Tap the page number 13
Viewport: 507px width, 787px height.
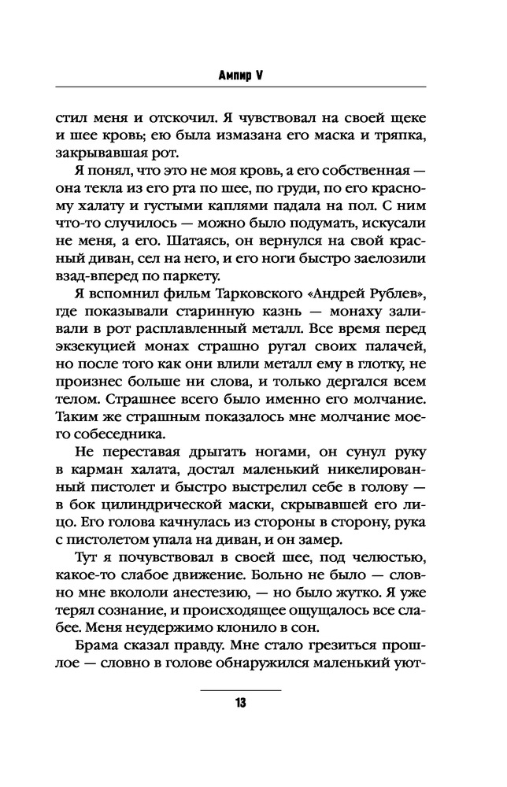(x=241, y=703)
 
